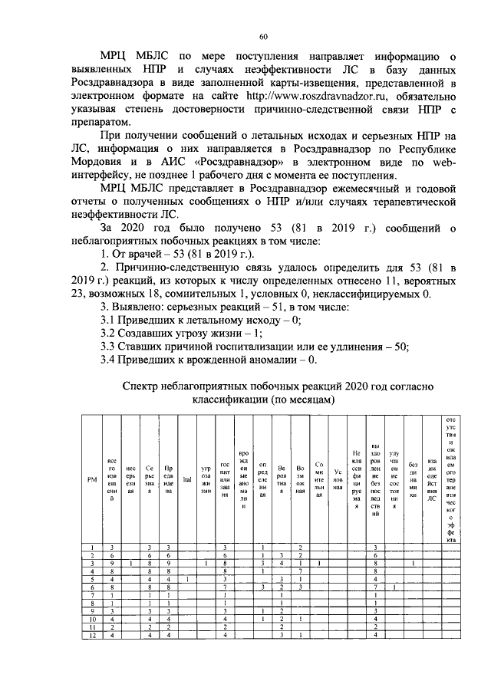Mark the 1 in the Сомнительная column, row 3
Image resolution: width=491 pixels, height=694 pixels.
click(319, 562)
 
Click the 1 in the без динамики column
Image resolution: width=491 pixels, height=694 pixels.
click(413, 562)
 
